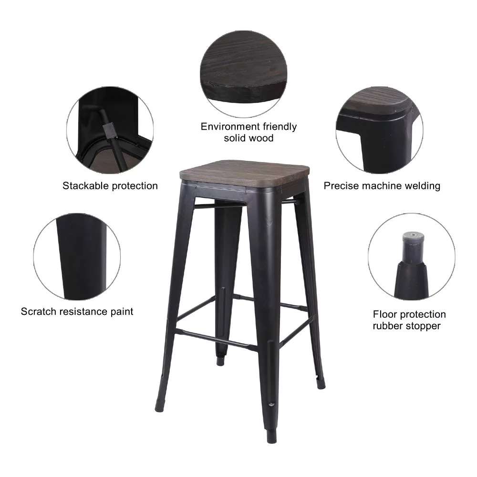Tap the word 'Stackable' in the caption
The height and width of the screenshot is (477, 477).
[x=85, y=186]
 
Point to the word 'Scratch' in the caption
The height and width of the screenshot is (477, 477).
[x=38, y=311]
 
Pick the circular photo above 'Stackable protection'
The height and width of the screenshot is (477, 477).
[x=110, y=130]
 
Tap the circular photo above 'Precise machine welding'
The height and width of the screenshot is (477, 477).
[x=379, y=130]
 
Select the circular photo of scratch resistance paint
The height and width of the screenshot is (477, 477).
[x=77, y=257]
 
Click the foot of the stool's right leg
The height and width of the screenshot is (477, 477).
[x=321, y=383]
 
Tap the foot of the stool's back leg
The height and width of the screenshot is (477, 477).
[x=220, y=361]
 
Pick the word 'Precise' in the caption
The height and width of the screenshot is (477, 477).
[x=342, y=186]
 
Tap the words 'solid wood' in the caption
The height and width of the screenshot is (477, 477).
[x=249, y=138]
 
